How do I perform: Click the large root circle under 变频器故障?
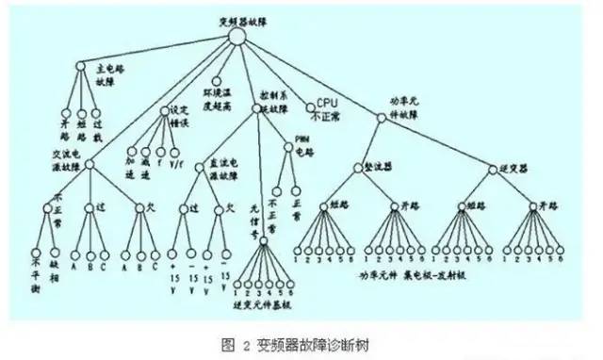coord(236,36)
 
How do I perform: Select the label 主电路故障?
coord(112,74)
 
